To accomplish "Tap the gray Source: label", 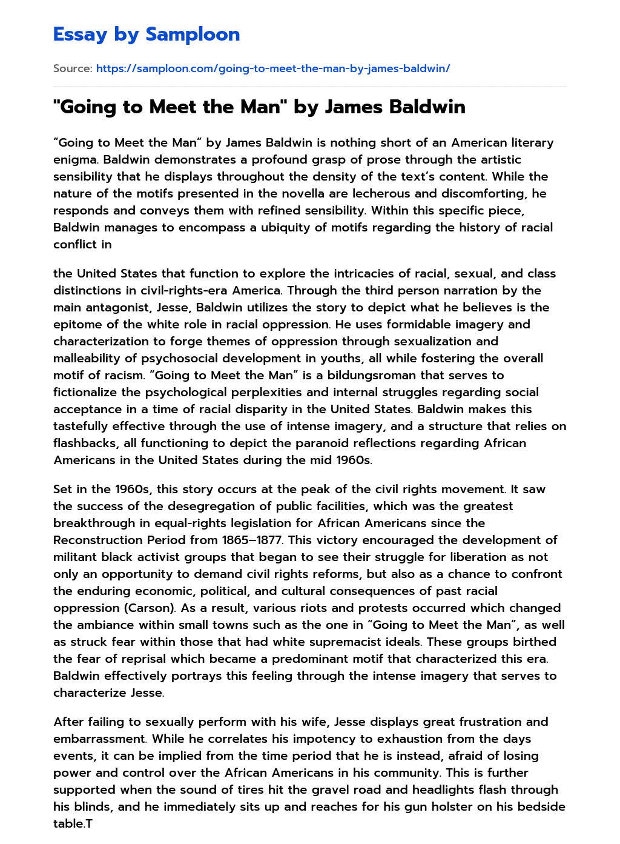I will click(73, 68).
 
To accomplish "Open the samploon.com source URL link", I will click(273, 68).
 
